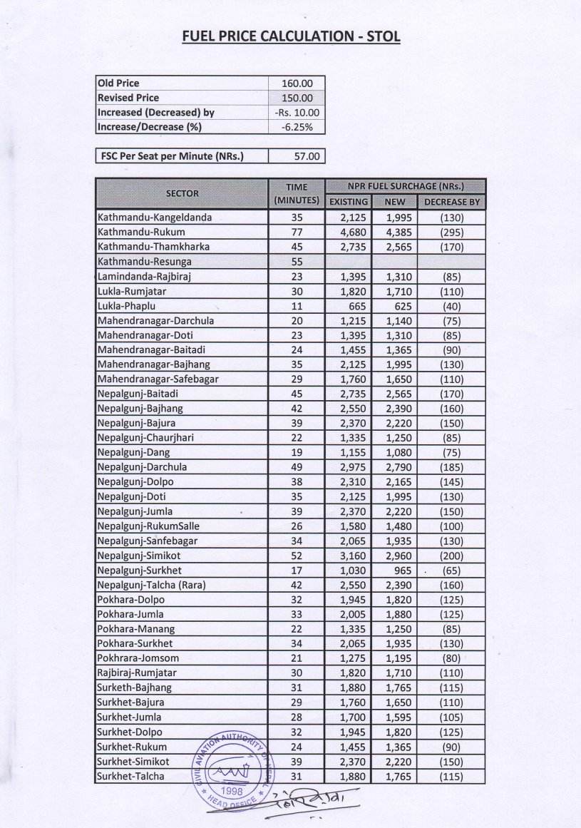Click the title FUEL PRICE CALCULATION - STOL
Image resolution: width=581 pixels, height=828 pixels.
(290, 36)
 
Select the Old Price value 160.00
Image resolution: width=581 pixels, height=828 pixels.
(297, 83)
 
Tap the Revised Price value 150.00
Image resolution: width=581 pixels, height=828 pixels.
(297, 98)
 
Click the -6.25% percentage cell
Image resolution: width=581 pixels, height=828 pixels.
(297, 127)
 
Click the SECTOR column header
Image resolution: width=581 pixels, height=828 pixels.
(182, 193)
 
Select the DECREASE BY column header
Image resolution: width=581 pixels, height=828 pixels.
(452, 202)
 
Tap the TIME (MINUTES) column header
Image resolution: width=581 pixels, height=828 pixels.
(297, 193)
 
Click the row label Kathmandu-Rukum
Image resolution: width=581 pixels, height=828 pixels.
(141, 232)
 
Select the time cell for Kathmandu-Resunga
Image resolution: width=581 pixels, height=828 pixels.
(297, 262)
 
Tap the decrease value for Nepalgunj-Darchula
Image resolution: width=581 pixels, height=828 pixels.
(451, 466)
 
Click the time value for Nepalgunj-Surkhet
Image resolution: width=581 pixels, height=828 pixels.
(297, 571)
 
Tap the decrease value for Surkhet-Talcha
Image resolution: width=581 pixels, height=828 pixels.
(451, 776)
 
